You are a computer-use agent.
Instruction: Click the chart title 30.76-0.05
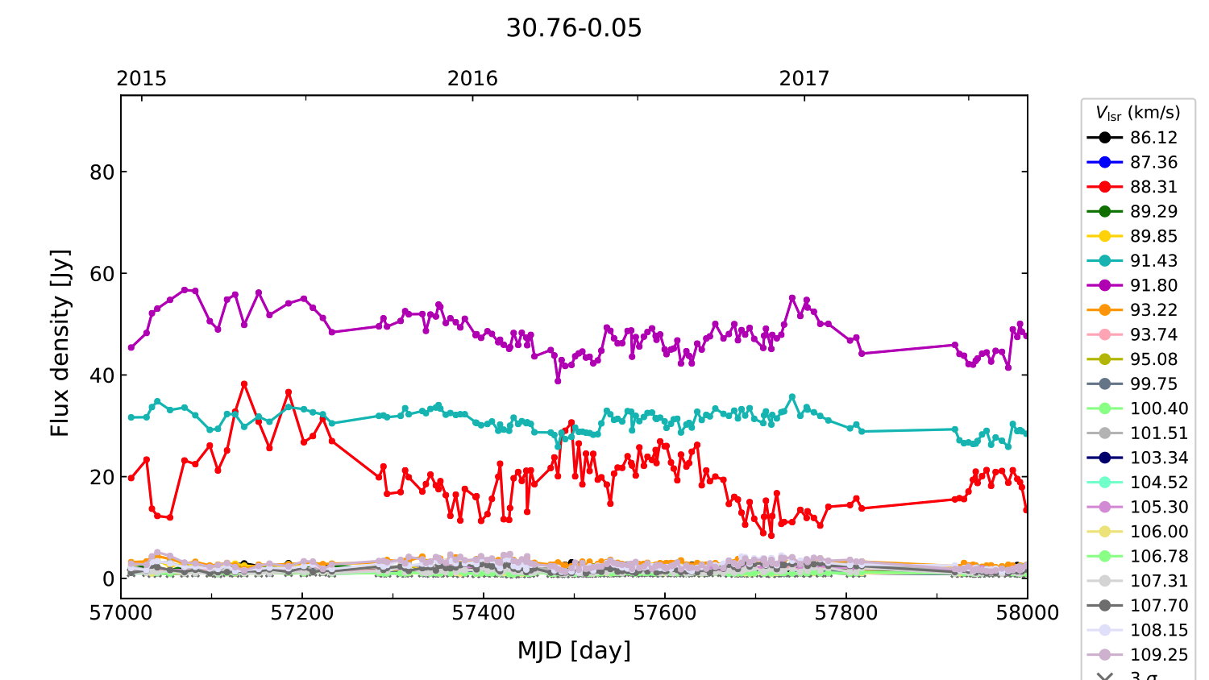[574, 28]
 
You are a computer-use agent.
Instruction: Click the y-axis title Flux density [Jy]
[60, 343]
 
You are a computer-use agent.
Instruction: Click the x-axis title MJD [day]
[574, 650]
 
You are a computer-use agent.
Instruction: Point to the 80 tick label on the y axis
[102, 172]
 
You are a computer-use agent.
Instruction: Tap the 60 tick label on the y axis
[102, 274]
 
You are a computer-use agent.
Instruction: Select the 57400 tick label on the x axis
[484, 613]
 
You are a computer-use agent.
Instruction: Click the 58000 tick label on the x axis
[1027, 613]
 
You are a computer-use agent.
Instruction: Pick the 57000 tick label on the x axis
[121, 613]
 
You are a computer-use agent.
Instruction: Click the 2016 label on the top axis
[472, 79]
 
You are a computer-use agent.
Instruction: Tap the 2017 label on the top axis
[804, 79]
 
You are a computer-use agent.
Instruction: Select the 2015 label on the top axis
[141, 79]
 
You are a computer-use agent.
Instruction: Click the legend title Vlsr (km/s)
[1137, 113]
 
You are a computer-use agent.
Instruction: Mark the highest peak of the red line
[244, 384]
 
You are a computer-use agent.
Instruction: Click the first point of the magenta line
[131, 347]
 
